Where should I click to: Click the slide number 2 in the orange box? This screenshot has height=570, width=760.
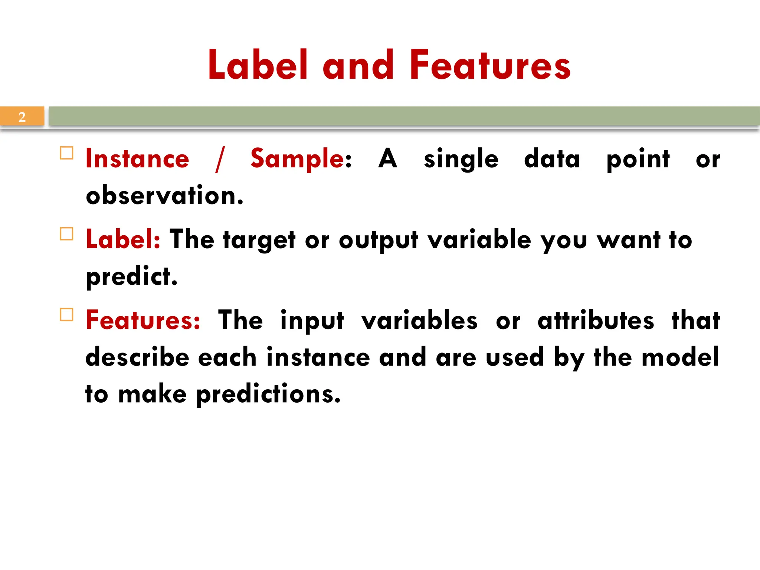tap(22, 117)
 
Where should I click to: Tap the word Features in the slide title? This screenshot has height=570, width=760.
tap(490, 66)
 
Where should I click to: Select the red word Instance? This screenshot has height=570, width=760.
tap(137, 159)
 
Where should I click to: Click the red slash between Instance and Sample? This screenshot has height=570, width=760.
tap(220, 160)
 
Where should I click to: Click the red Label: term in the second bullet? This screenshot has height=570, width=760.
tap(123, 239)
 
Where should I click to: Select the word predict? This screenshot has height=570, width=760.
tap(131, 277)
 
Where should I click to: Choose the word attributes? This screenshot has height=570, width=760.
tap(596, 320)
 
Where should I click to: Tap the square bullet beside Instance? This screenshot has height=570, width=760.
tap(66, 153)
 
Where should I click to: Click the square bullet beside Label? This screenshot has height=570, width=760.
tap(66, 234)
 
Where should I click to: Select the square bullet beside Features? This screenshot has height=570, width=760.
tap(66, 315)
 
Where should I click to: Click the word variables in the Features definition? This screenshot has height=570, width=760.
tap(419, 320)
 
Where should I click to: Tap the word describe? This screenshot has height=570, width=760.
tap(137, 357)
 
